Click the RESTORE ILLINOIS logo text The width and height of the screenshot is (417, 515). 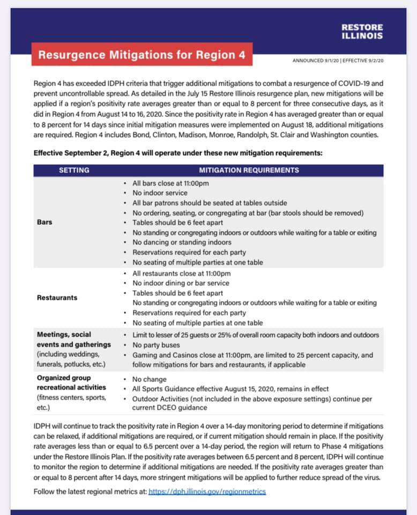tap(362, 31)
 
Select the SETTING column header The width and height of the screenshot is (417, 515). tap(74, 170)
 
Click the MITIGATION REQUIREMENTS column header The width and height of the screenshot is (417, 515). tap(249, 170)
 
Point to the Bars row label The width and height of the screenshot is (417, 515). tap(44, 222)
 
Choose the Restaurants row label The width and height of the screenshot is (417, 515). tap(57, 298)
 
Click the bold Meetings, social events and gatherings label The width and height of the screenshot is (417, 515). tap(74, 340)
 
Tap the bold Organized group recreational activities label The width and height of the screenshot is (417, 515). tap(71, 382)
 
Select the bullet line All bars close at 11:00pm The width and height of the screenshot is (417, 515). tap(170, 183)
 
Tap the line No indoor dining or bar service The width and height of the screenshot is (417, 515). tap(181, 283)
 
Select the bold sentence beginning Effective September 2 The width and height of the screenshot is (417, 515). tap(178, 152)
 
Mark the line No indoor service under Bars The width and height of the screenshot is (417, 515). tap(160, 193)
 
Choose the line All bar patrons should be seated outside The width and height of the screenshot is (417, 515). tap(210, 203)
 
